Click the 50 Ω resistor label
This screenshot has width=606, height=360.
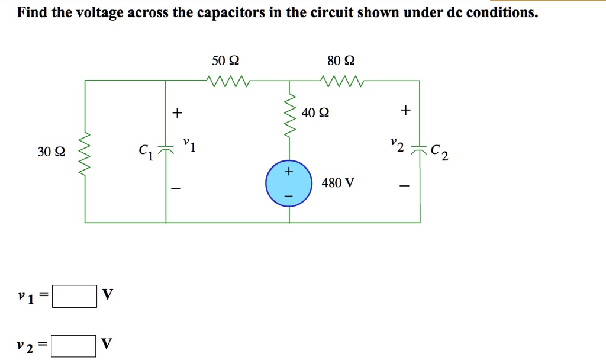pyautogui.click(x=225, y=61)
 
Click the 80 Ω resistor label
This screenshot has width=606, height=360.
pyautogui.click(x=341, y=61)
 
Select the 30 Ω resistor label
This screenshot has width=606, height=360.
pyautogui.click(x=51, y=152)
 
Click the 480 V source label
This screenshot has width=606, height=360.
pyautogui.click(x=337, y=183)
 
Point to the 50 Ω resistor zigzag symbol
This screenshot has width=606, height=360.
pyautogui.click(x=228, y=79)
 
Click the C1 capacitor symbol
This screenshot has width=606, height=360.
pyautogui.click(x=166, y=151)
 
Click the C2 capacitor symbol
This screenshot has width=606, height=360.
pyautogui.click(x=419, y=150)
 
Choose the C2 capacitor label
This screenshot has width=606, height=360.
pyautogui.click(x=439, y=153)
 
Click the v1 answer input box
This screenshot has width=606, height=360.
pyautogui.click(x=75, y=296)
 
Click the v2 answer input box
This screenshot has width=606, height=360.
pyautogui.click(x=73, y=346)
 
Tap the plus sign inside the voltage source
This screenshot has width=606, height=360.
pyautogui.click(x=289, y=172)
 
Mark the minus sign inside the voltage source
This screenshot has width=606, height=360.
pyautogui.click(x=289, y=195)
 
